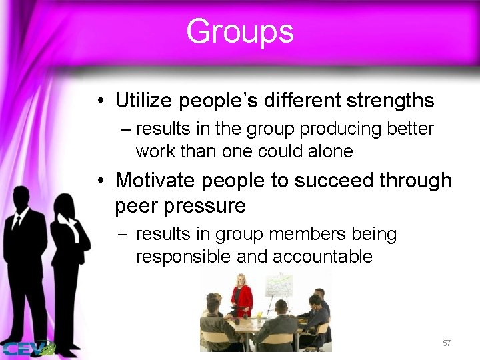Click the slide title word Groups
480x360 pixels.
pos(239,31)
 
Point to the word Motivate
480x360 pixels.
pos(157,180)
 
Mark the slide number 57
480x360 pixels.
pos(447,343)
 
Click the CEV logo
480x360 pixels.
pos(27,347)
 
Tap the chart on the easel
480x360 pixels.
pos(279,285)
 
